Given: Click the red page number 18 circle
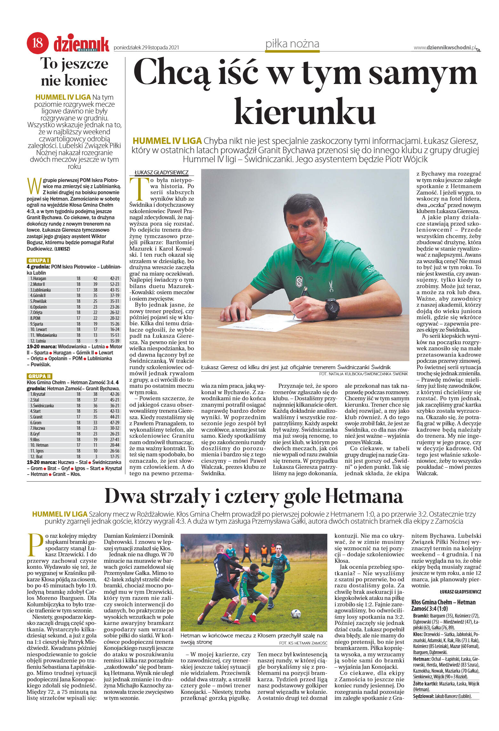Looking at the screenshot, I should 38,43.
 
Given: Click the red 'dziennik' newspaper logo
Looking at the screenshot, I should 81,44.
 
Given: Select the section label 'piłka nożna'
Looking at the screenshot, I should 292,44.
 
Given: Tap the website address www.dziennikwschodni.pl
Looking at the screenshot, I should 445,47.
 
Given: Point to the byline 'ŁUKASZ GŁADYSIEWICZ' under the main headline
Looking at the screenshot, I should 161,172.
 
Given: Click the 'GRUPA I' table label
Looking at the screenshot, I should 39,261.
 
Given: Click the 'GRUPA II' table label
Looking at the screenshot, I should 40,376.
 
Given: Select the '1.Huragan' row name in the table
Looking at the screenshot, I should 38,278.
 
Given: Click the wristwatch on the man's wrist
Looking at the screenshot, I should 332,307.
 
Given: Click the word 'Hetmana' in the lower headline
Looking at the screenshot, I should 364,496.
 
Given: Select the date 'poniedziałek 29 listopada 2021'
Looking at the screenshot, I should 146,48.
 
